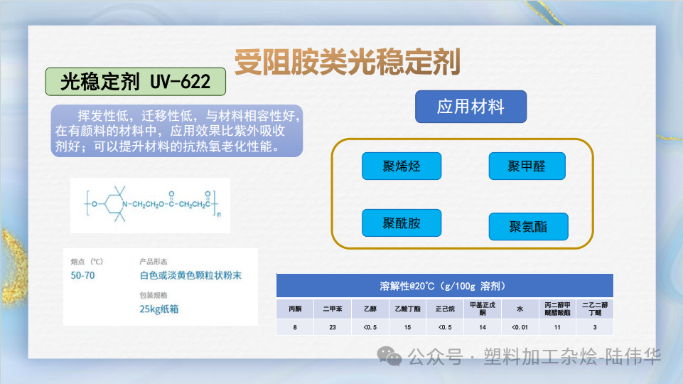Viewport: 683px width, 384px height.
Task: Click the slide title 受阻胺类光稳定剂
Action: (x=348, y=63)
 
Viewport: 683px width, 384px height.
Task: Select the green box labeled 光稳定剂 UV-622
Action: (x=136, y=82)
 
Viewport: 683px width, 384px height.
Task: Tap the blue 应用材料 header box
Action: (x=470, y=107)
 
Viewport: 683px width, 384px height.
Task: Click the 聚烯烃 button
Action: (x=402, y=166)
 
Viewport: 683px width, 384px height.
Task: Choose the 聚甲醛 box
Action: (x=527, y=166)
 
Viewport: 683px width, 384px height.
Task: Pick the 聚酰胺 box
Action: (x=402, y=223)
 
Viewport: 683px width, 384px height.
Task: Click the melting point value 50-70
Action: (x=83, y=275)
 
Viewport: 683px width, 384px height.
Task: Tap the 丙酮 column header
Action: (x=295, y=309)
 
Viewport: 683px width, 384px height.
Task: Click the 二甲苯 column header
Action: (x=332, y=309)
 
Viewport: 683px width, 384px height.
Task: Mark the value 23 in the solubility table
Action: (x=332, y=327)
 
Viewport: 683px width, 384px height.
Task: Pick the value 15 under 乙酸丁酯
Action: (x=407, y=327)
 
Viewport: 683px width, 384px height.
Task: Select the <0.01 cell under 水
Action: (x=520, y=327)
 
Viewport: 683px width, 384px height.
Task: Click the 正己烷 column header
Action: (x=444, y=309)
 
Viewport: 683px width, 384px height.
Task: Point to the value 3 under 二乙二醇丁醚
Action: (x=594, y=327)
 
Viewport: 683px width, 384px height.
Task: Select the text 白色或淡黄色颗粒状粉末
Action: (x=190, y=275)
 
